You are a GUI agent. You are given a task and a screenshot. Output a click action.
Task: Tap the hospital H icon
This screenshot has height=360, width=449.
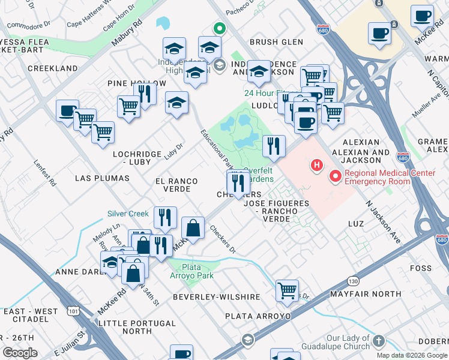coord(315,164)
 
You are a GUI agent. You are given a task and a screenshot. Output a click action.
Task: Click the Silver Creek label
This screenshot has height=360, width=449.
coord(128,214)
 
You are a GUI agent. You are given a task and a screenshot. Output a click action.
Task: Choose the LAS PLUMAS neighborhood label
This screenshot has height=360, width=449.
coord(102,178)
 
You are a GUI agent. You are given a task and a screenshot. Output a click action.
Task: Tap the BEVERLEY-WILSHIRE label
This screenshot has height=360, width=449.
coord(216,297)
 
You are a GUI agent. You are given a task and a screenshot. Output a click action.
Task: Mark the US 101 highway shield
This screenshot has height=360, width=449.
coord(73,311)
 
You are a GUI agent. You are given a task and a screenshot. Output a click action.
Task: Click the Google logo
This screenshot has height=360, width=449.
coord(20,353)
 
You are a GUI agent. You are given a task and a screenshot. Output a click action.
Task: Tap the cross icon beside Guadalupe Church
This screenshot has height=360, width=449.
coord(378,341)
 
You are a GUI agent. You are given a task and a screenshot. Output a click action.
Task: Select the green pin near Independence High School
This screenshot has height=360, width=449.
coord(220,28)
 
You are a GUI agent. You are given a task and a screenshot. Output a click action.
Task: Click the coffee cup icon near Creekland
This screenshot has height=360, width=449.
coord(68,110)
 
